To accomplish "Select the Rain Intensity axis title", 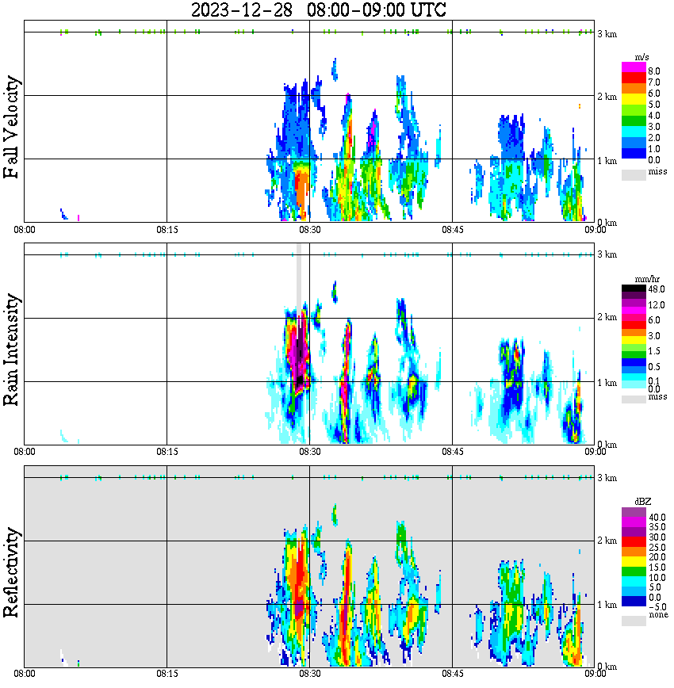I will tap(12, 350).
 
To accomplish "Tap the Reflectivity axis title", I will tap(12, 573).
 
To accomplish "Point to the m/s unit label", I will tap(641, 57).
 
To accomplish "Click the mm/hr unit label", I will tap(641, 279).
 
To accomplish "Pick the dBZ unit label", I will tap(641, 502).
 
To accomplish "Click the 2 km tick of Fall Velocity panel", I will tap(608, 97).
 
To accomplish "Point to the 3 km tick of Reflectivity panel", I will tap(608, 478).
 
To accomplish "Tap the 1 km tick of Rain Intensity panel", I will tap(608, 383).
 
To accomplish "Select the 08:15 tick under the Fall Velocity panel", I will tap(167, 229).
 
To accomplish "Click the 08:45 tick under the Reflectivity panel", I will tap(452, 674).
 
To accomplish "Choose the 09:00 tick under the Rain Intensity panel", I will tap(595, 451).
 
